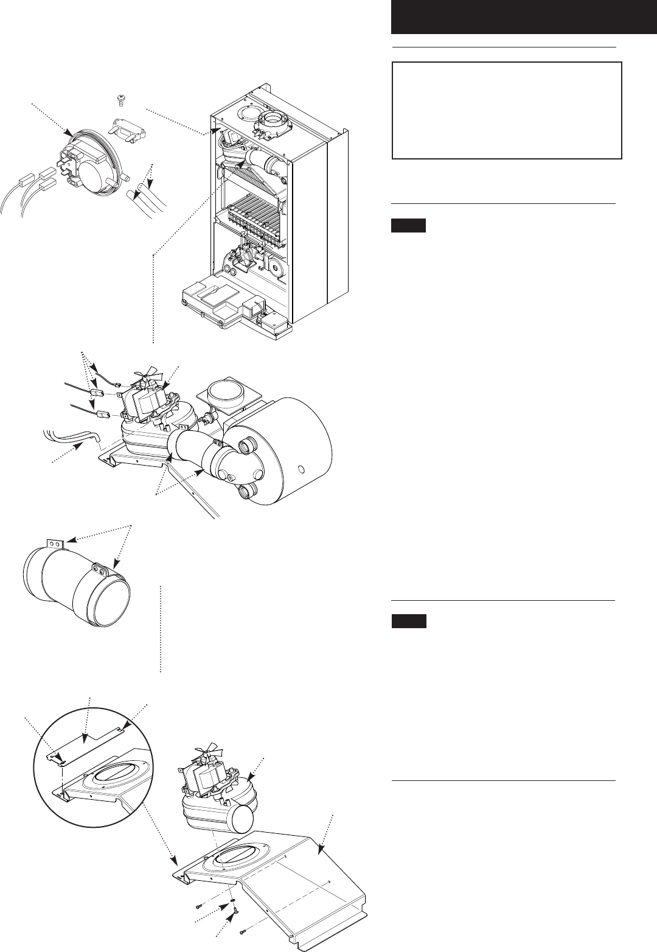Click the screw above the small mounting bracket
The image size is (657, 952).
[120, 98]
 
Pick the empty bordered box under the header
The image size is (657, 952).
[507, 110]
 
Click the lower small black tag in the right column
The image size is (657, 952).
[408, 622]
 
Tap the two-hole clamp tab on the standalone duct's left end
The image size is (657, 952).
[55, 542]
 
